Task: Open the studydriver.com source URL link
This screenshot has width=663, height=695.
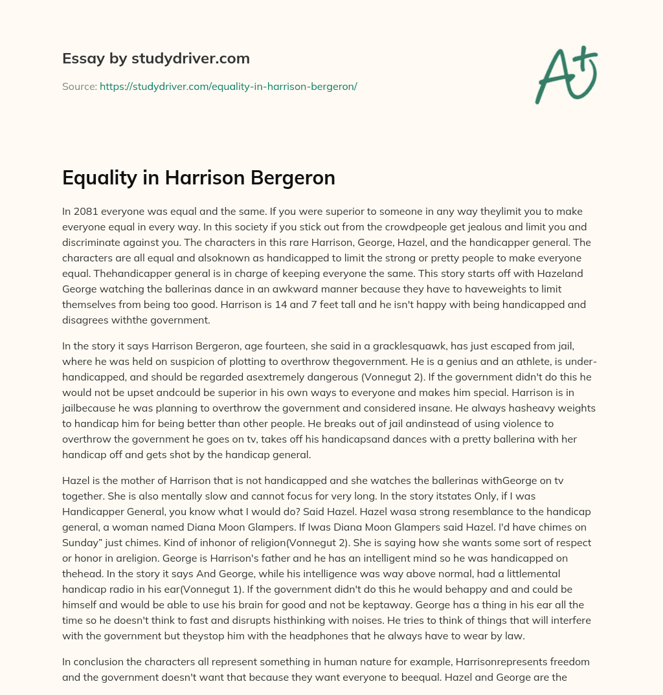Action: pos(229,86)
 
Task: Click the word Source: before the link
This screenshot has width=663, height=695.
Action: pos(80,86)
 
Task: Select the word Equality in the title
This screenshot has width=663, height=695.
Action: pos(100,177)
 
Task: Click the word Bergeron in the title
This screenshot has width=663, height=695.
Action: pos(295,177)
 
